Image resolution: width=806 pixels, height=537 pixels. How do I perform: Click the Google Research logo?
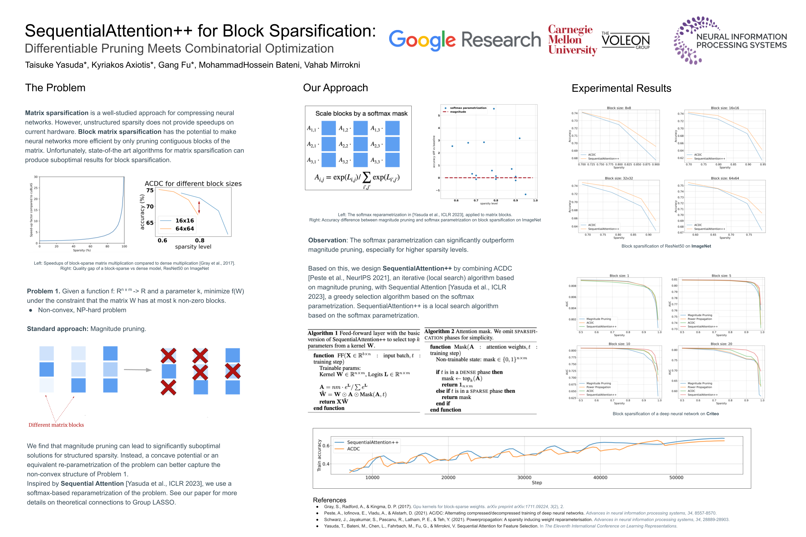pos(464,40)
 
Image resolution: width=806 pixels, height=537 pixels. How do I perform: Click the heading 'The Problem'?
pos(55,88)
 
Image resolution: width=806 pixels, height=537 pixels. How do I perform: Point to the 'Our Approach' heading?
pos(335,88)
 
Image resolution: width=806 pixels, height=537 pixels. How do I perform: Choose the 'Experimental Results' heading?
pos(621,88)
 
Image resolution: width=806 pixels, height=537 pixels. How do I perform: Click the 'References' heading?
pos(329,500)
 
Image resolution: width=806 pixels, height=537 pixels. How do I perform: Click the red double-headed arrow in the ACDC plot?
pos(199,208)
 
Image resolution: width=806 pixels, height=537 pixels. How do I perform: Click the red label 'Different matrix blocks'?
pos(56,425)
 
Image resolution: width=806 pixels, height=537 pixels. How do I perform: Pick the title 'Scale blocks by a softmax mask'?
pos(361,113)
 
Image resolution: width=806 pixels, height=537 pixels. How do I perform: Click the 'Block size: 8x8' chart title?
pos(619,108)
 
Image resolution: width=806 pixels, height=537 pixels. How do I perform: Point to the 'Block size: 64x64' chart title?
pos(724,178)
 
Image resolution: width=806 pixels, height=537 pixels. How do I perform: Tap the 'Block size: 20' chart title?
pos(721,344)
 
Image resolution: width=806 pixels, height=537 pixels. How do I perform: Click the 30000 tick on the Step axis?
pos(524,477)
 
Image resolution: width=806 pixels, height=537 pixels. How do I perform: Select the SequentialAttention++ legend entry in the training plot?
pos(372,442)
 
